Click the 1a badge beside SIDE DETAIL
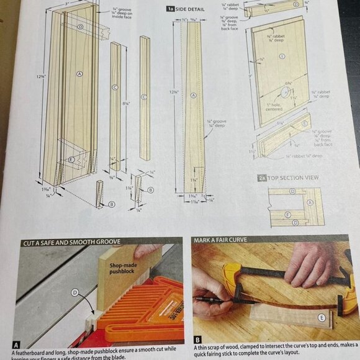(x=169, y=9)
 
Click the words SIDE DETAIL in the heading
(x=190, y=9)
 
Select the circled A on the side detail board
(x=193, y=95)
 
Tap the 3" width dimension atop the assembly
(x=66, y=3)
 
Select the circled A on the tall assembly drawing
(x=79, y=73)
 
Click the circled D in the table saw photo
(x=74, y=292)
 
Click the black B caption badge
(x=197, y=340)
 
